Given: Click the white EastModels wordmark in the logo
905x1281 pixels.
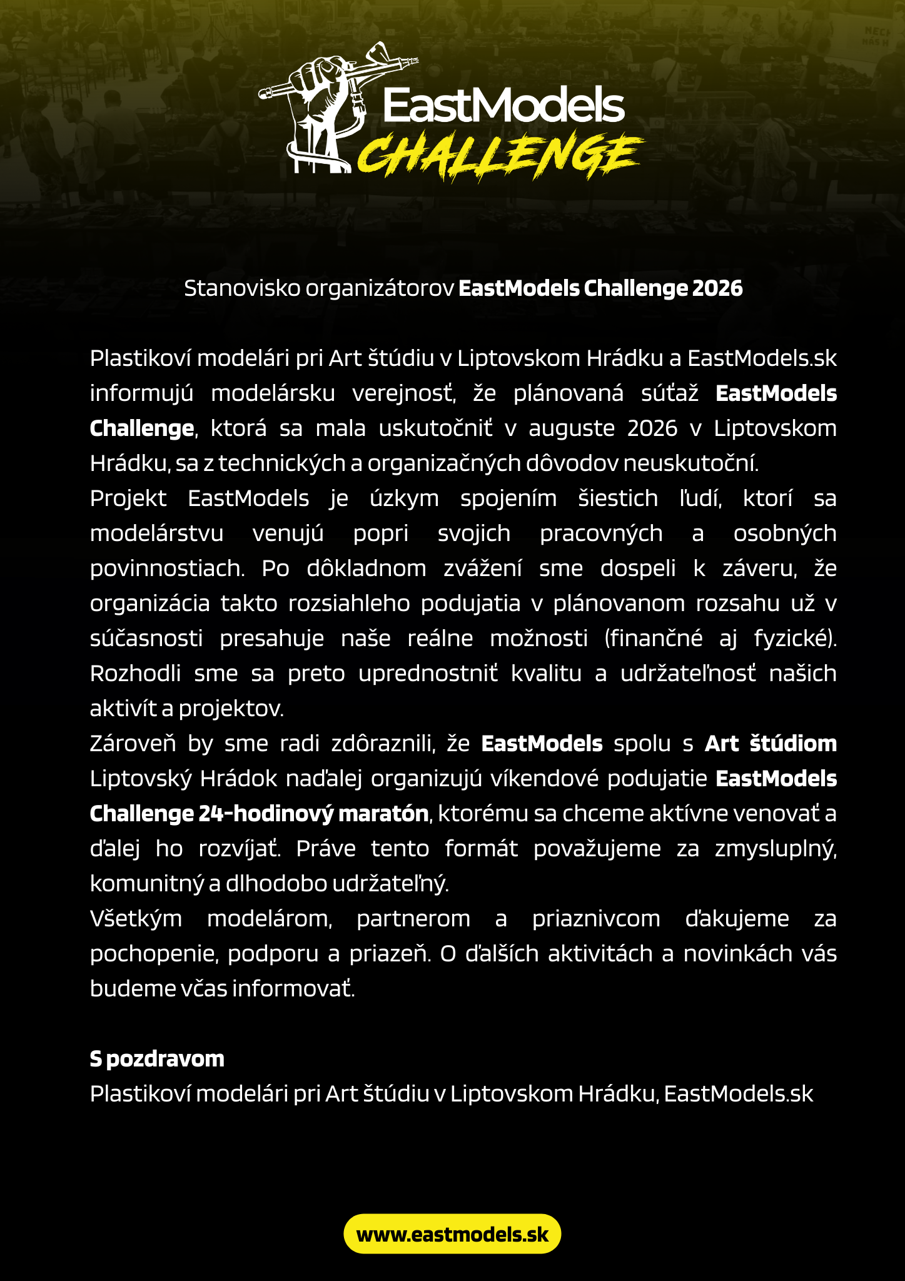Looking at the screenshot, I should pyautogui.click(x=503, y=105).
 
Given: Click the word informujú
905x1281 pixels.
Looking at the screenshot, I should pyautogui.click(x=141, y=393).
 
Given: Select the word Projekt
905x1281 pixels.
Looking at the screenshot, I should pyautogui.click(x=128, y=499).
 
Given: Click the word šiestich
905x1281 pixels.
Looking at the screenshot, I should pyautogui.click(x=618, y=499).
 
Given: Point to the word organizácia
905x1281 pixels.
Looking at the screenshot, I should pyautogui.click(x=150, y=604).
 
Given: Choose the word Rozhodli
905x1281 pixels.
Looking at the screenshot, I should pyautogui.click(x=136, y=674).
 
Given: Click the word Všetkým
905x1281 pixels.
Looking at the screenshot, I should pyautogui.click(x=136, y=919).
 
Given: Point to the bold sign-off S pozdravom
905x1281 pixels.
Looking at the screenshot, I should pyautogui.click(x=157, y=1059).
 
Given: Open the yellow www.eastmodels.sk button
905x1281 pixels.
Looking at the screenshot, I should pyautogui.click(x=452, y=1234).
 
